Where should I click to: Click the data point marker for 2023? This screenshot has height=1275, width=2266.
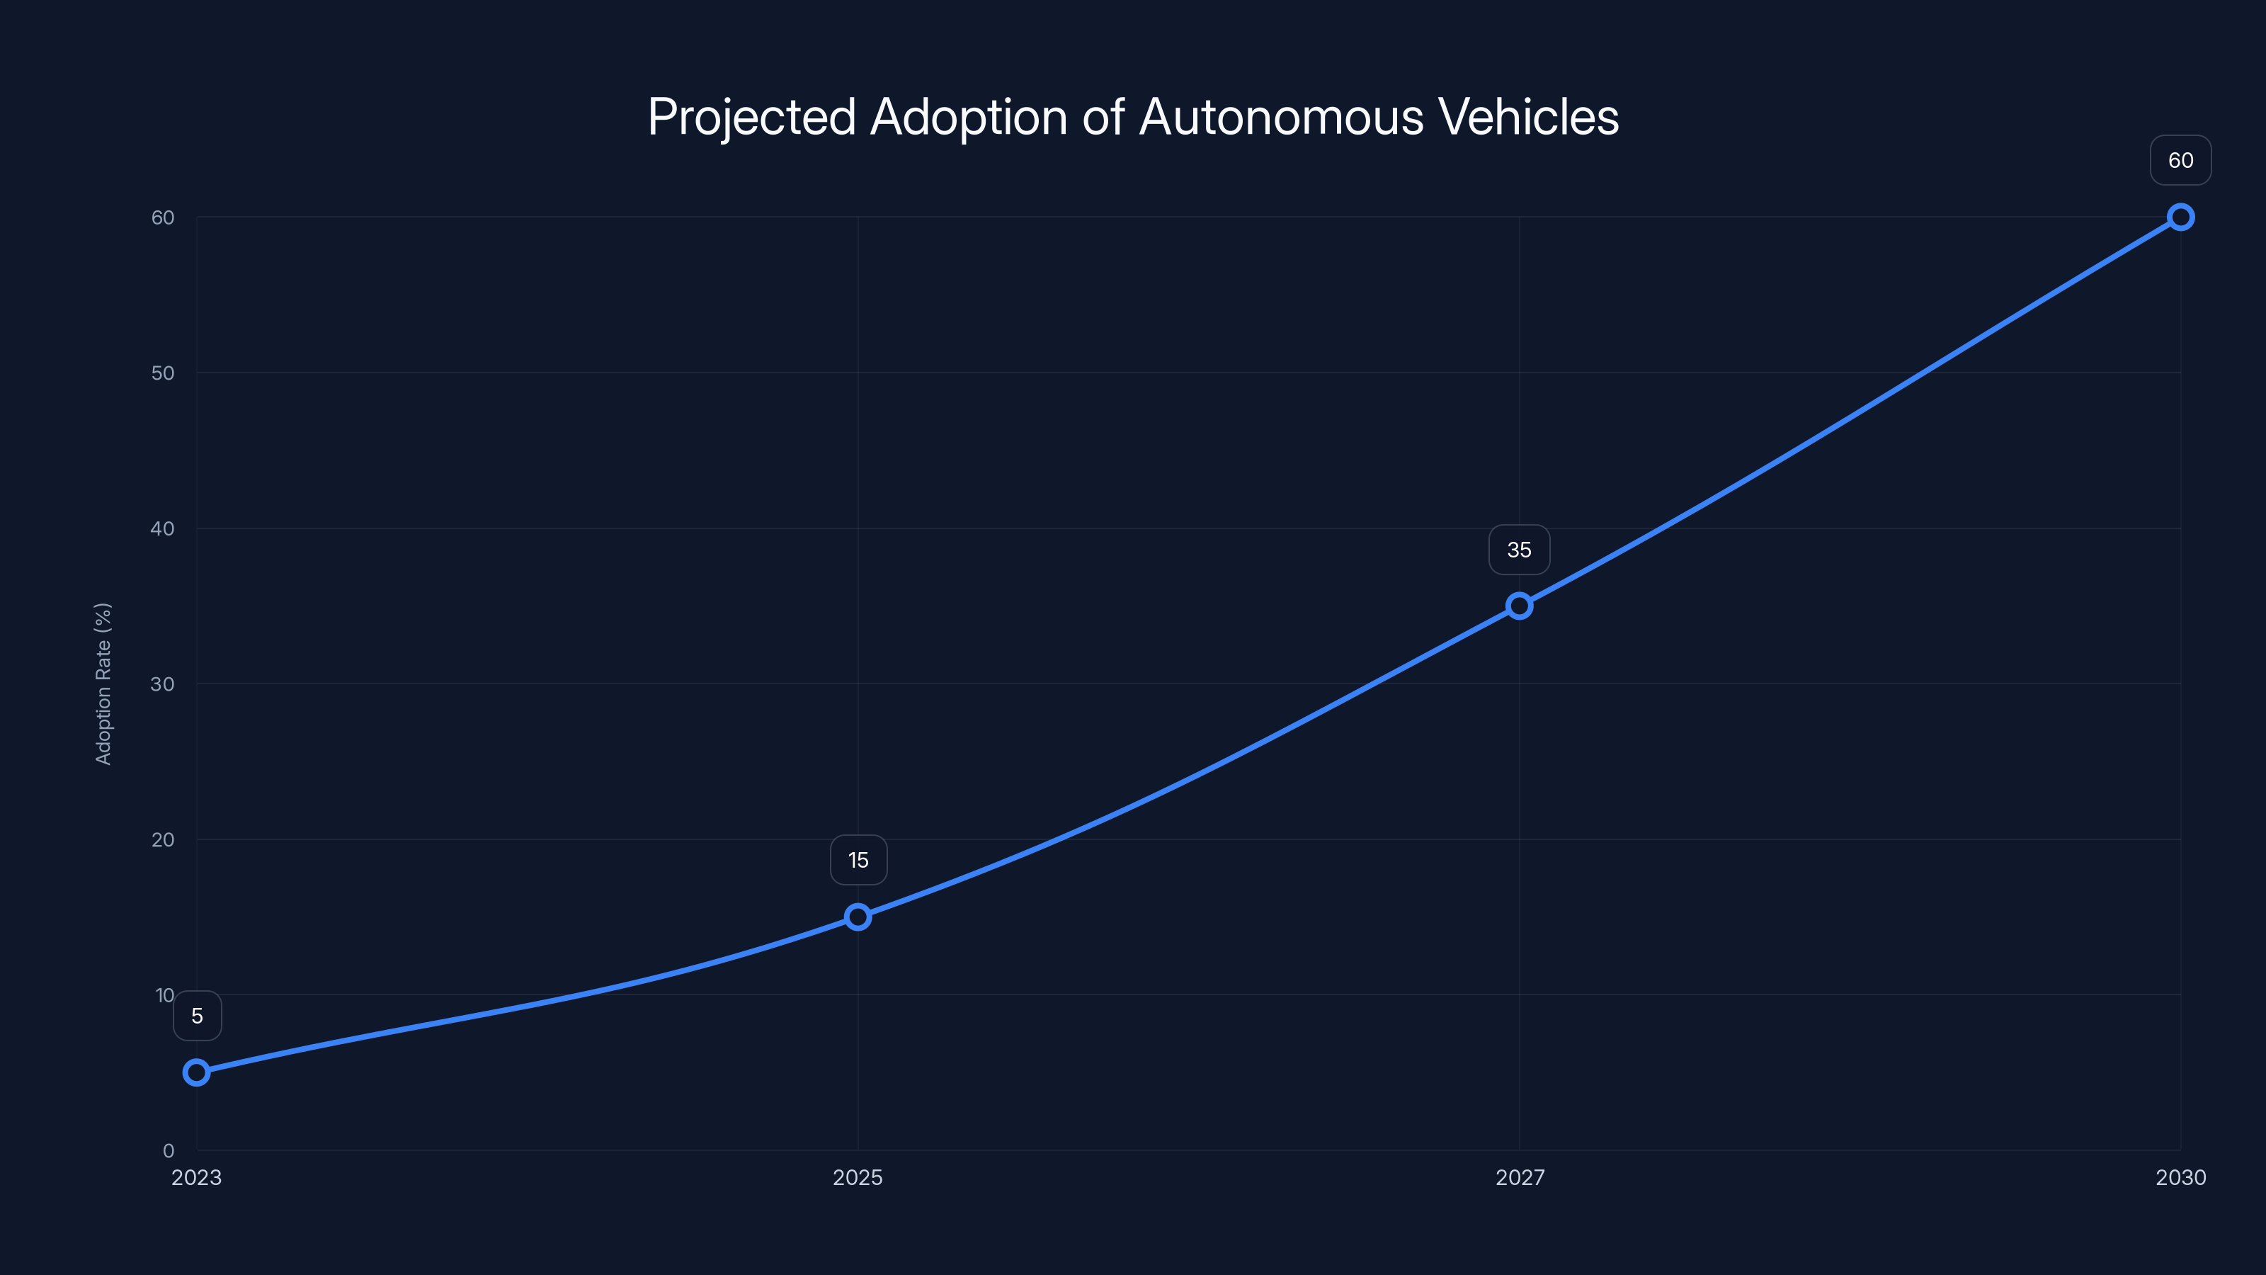[197, 1072]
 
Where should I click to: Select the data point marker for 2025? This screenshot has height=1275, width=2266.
[858, 917]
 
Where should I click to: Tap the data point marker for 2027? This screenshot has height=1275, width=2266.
[1519, 606]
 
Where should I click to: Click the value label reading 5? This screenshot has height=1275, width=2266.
[197, 1016]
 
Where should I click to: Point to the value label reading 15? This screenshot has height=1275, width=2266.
[858, 860]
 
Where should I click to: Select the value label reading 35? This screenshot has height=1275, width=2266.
[1519, 550]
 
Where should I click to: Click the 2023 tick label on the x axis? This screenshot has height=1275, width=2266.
[196, 1177]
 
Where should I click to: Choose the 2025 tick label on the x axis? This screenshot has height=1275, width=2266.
[858, 1177]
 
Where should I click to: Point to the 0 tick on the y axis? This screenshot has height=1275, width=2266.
[168, 1151]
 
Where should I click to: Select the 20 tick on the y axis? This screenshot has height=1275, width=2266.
[163, 839]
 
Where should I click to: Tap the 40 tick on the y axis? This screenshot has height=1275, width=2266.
[163, 529]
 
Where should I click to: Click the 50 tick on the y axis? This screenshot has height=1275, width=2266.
[163, 373]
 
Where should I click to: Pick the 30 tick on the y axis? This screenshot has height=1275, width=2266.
[163, 684]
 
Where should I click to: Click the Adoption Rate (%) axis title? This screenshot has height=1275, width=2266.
[103, 684]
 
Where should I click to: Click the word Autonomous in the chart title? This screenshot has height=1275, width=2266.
[1281, 117]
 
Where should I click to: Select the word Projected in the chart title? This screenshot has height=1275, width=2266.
[752, 117]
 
